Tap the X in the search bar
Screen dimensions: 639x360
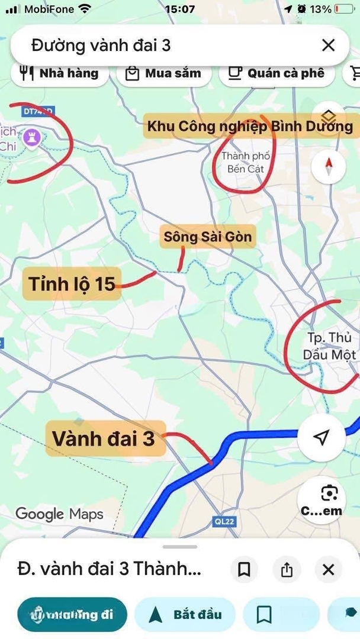(x=328, y=45)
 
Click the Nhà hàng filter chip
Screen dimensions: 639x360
(x=59, y=73)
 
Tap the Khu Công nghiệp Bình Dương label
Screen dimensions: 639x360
(x=250, y=126)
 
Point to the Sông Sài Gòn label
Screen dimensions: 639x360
(x=208, y=237)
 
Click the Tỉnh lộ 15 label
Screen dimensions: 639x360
(x=72, y=283)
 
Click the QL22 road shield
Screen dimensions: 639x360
(x=221, y=521)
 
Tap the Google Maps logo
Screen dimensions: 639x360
(x=59, y=514)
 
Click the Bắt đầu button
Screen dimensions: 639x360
(x=185, y=614)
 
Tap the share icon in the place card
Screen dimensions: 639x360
(x=287, y=570)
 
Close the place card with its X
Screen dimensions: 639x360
(x=329, y=570)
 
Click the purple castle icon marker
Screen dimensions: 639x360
(x=33, y=137)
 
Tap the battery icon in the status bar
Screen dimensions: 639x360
(x=344, y=9)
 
